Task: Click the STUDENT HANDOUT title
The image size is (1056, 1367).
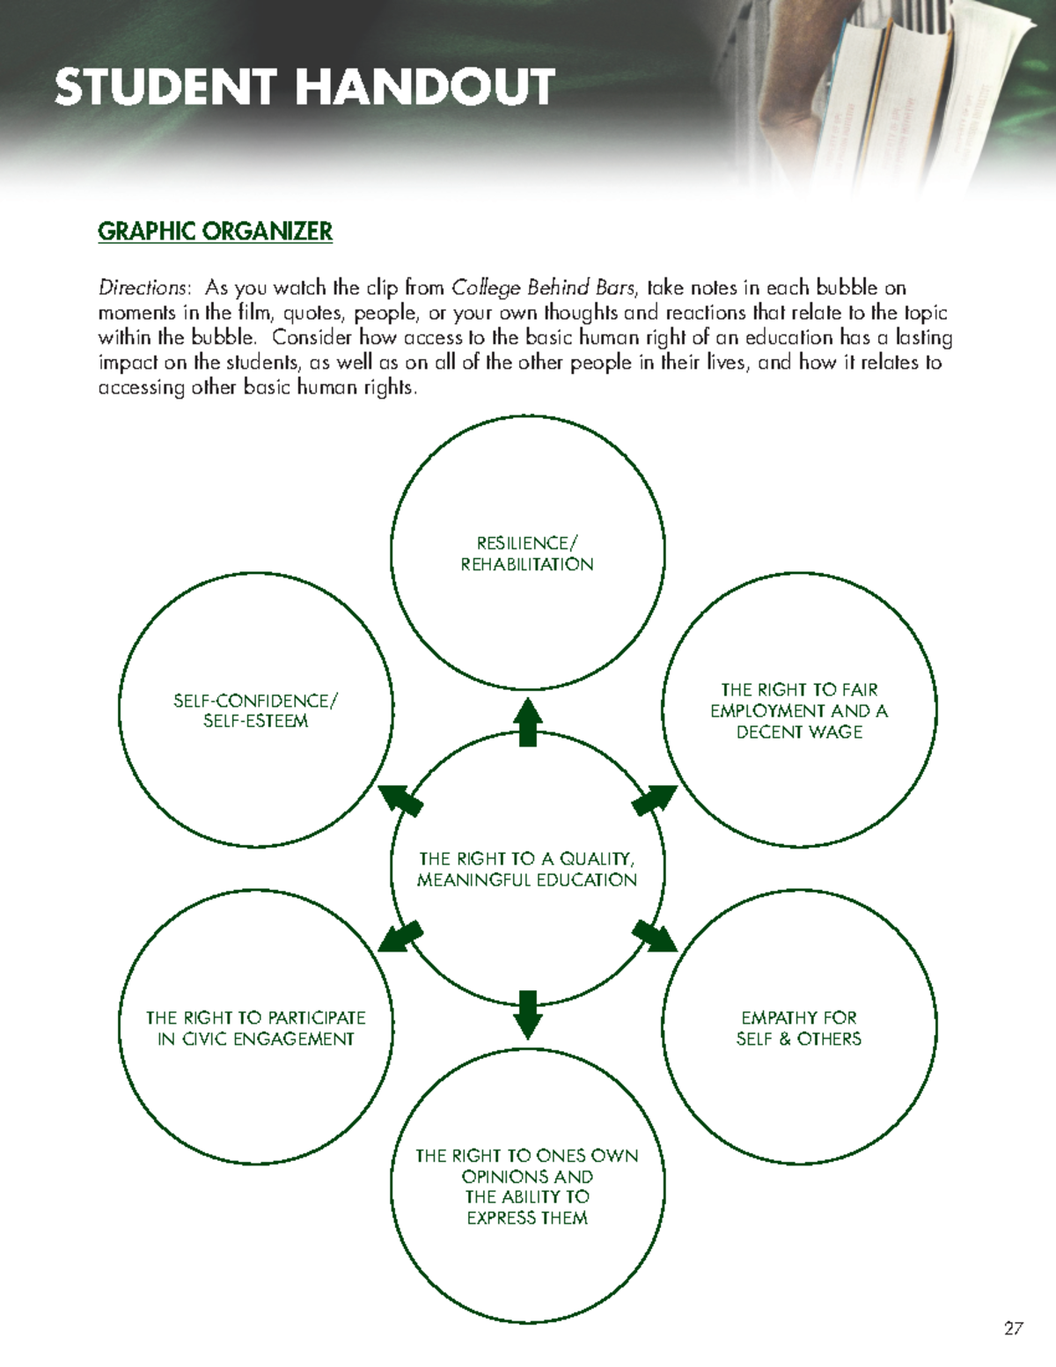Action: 304,88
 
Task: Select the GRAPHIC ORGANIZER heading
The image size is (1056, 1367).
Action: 215,232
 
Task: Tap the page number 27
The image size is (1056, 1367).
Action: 1013,1328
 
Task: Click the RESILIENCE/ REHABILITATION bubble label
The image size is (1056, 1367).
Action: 527,554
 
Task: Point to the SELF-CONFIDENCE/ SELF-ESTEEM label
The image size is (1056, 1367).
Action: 255,710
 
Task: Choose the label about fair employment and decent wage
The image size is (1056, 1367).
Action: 799,710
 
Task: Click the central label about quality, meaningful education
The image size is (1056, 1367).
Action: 527,869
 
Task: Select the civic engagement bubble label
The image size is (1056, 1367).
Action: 255,1028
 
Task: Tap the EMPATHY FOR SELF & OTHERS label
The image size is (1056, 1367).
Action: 799,1028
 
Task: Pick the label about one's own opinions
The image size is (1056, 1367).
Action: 527,1187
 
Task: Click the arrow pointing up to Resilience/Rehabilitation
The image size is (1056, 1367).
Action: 527,722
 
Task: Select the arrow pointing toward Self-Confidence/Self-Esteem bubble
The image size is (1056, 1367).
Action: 400,801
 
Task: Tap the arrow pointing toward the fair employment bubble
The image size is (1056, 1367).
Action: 655,801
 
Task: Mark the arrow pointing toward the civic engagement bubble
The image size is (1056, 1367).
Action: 400,937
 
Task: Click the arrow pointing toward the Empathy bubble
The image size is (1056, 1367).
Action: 655,937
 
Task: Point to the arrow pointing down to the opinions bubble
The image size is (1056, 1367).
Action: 527,1014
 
